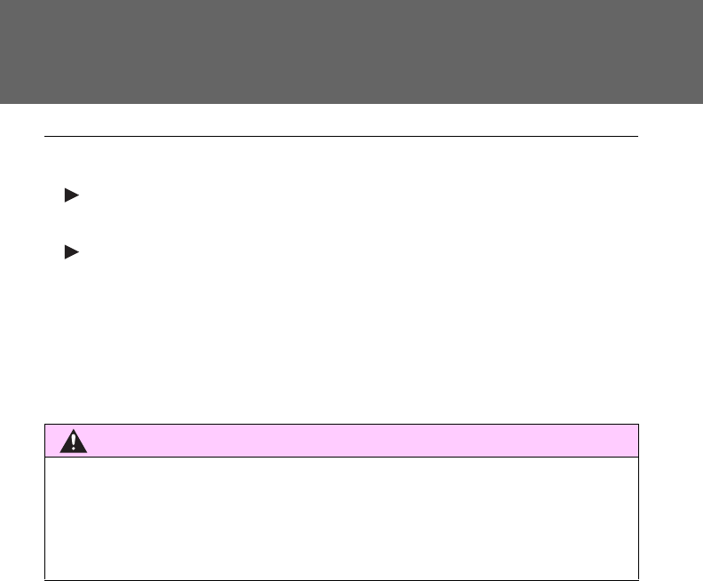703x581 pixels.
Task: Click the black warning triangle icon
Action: click(74, 442)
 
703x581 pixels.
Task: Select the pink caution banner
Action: click(355, 441)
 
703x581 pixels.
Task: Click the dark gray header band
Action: click(351, 52)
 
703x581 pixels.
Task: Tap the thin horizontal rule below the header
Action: click(342, 137)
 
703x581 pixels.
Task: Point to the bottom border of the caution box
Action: click(342, 579)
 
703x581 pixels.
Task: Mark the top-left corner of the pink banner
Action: click(45, 425)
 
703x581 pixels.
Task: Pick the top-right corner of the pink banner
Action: click(639, 425)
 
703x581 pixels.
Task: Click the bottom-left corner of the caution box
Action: click(45, 579)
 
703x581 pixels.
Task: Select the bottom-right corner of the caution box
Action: click(639, 579)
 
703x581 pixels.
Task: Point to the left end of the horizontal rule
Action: click(45, 137)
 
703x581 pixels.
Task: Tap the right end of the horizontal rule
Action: click(638, 137)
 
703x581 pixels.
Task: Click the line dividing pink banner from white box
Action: click(342, 458)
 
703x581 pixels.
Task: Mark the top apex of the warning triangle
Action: click(74, 429)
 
